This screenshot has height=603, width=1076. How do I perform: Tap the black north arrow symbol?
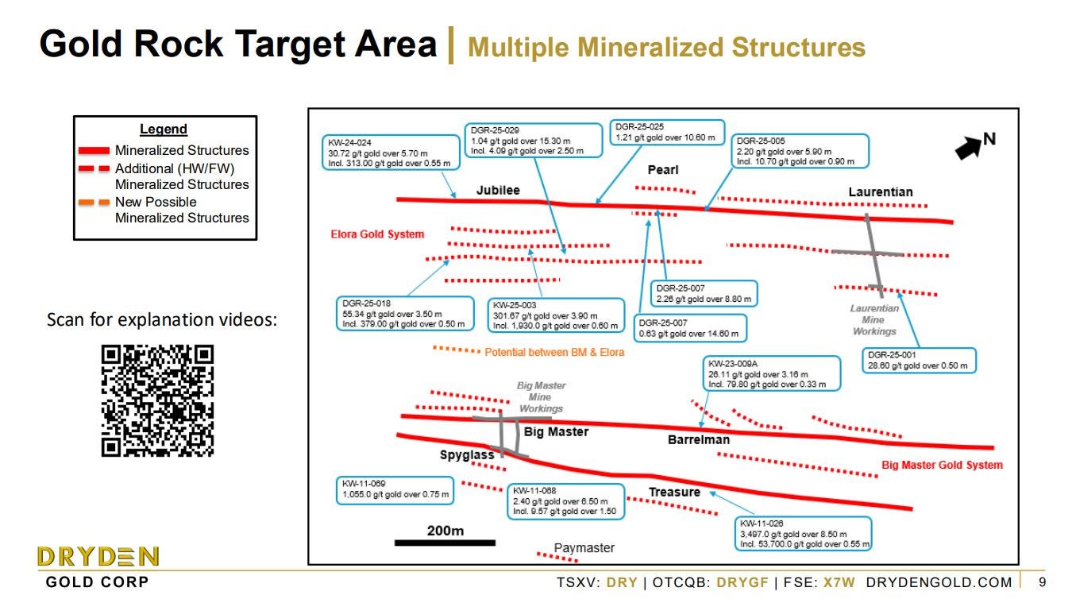click(969, 147)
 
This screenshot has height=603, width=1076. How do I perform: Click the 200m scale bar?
click(445, 543)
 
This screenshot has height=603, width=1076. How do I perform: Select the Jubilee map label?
click(498, 190)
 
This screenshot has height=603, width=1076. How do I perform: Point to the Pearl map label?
click(663, 170)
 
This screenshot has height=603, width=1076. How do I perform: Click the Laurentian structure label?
click(881, 191)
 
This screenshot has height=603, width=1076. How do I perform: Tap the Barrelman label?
click(699, 439)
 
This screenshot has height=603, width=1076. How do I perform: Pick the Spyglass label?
click(467, 455)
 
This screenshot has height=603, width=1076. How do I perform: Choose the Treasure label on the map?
click(674, 492)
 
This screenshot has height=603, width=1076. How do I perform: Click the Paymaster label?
click(584, 548)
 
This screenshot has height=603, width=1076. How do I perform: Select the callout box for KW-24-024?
click(391, 152)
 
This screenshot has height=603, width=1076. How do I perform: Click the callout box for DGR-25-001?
click(920, 361)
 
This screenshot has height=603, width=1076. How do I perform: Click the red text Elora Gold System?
click(377, 234)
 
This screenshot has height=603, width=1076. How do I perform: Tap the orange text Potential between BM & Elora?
click(554, 352)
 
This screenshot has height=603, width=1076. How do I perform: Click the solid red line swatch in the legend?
click(94, 151)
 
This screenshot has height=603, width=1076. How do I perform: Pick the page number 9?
click(1042, 582)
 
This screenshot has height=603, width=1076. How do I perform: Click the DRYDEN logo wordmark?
click(98, 556)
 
